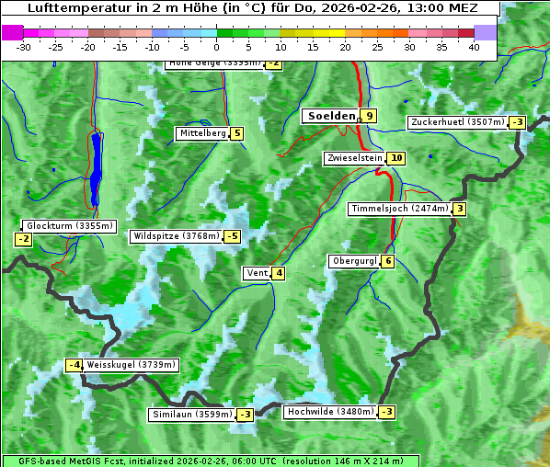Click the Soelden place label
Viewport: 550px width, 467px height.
(x=329, y=116)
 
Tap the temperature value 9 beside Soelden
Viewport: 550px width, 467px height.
(x=369, y=116)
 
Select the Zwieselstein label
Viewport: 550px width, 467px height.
(x=354, y=158)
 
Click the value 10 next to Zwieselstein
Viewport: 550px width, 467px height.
(x=396, y=158)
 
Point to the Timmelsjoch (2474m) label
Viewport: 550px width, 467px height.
(x=399, y=209)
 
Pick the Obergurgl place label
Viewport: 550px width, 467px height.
(x=354, y=261)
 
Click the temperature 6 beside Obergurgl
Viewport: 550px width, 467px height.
(x=388, y=261)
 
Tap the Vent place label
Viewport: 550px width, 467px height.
(x=257, y=273)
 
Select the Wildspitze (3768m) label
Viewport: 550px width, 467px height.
(x=177, y=236)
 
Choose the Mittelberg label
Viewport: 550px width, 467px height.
(x=202, y=133)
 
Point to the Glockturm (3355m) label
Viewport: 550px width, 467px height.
(x=70, y=226)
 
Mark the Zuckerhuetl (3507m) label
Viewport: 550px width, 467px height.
(x=458, y=122)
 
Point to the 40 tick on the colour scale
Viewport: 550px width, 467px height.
(x=474, y=47)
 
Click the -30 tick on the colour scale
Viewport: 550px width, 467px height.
(x=24, y=47)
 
